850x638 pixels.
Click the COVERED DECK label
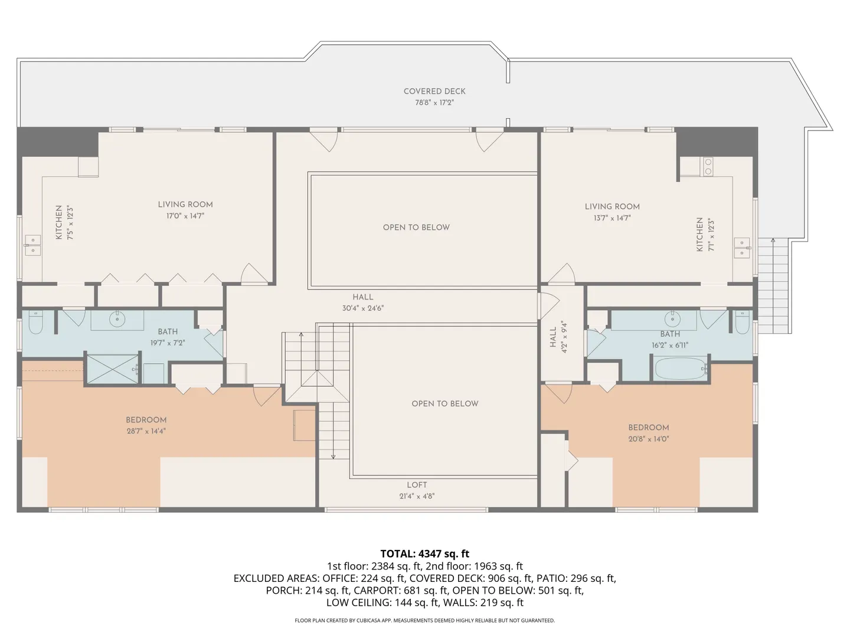(434, 92)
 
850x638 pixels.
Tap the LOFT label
(417, 485)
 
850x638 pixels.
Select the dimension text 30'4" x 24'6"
(363, 308)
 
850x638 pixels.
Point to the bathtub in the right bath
(681, 369)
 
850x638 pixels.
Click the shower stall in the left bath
(113, 369)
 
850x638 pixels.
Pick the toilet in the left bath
(35, 322)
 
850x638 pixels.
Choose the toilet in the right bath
(743, 322)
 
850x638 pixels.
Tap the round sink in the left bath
(117, 320)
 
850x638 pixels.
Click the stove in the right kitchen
(708, 167)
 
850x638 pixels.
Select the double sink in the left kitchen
(33, 245)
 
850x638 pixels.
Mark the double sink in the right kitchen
(742, 248)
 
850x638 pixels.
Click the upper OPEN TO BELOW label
(416, 227)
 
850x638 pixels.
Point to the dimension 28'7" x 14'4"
(146, 431)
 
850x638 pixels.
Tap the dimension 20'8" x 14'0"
(649, 439)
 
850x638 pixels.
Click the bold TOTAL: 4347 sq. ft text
(425, 554)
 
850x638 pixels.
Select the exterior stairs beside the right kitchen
(773, 286)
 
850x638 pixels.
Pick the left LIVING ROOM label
(185, 204)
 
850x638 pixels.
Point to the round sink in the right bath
(672, 320)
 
